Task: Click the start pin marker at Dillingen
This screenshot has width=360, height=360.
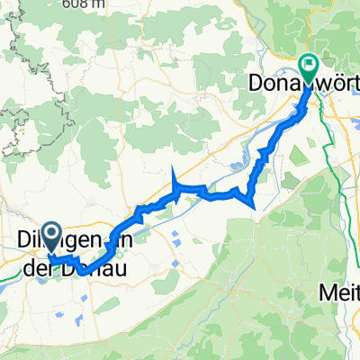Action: click(x=51, y=238)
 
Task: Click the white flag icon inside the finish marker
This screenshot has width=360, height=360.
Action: click(x=309, y=64)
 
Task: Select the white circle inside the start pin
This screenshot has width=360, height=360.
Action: click(x=51, y=235)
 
